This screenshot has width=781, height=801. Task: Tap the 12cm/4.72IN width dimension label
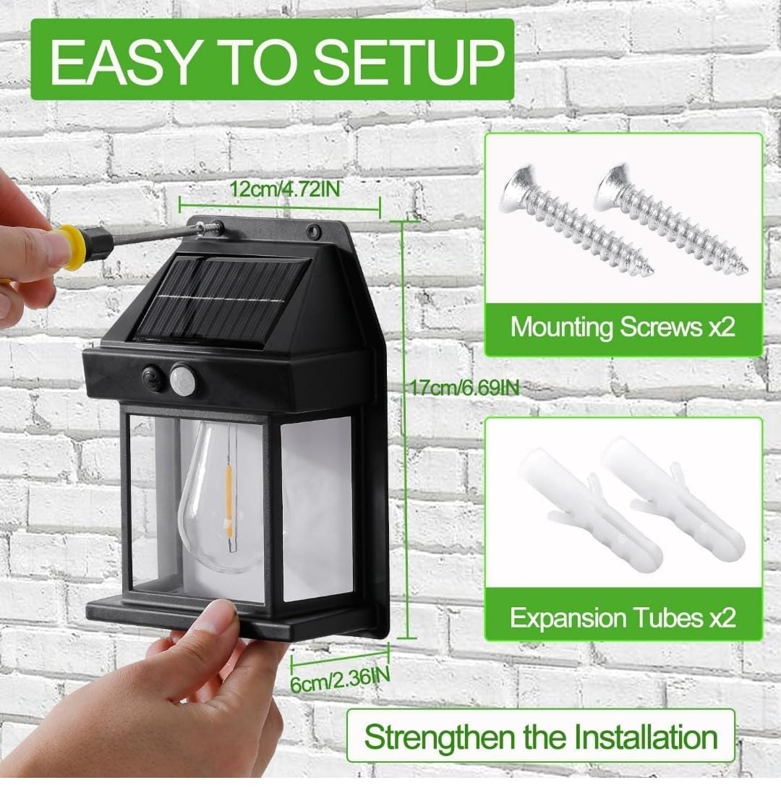[285, 189]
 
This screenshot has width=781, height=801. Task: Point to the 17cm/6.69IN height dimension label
[464, 387]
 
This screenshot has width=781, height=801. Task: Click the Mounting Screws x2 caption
[623, 326]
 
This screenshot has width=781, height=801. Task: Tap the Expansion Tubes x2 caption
[623, 617]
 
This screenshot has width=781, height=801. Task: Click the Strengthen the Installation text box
[541, 737]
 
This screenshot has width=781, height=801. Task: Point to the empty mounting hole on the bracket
[316, 231]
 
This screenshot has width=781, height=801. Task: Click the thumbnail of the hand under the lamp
[221, 618]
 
